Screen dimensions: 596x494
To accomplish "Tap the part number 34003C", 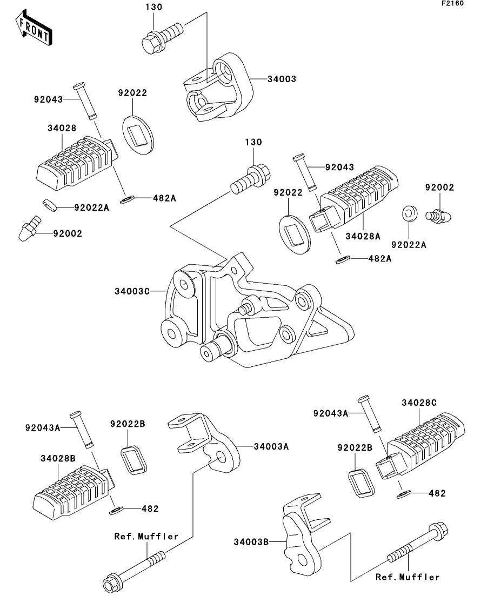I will (x=131, y=291).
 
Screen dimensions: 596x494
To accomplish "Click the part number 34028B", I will (x=57, y=458).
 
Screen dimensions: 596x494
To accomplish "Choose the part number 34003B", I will (x=251, y=541).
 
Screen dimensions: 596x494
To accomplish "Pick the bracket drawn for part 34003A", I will (x=208, y=441).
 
